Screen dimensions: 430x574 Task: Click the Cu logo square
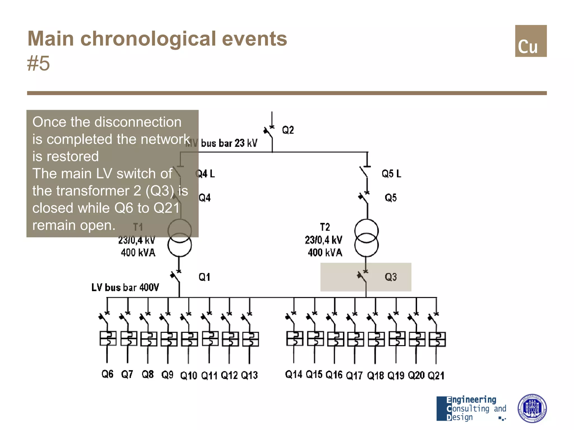pos(531,41)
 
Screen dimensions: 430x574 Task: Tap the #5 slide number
pos(38,63)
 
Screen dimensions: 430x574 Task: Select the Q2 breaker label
pos(288,130)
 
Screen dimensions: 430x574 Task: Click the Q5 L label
pos(391,174)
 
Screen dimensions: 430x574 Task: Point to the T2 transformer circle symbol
pos(366,238)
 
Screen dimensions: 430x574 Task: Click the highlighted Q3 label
pos(391,277)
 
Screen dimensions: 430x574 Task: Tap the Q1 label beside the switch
pos(204,277)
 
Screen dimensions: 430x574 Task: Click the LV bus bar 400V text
pos(125,288)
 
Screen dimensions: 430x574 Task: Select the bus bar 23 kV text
pos(229,143)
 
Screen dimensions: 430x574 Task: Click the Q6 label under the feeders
pos(107,374)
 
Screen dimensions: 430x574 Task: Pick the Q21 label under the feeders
pos(436,375)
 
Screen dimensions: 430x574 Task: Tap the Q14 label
pos(293,374)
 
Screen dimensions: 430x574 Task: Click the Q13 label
pos(249,375)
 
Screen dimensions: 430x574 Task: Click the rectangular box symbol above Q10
pos(189,339)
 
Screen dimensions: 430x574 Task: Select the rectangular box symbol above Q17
pos(355,339)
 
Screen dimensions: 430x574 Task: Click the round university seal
pos(532,408)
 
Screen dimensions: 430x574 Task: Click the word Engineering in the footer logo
pos(471,399)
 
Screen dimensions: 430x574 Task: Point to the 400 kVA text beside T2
pos(325,253)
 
